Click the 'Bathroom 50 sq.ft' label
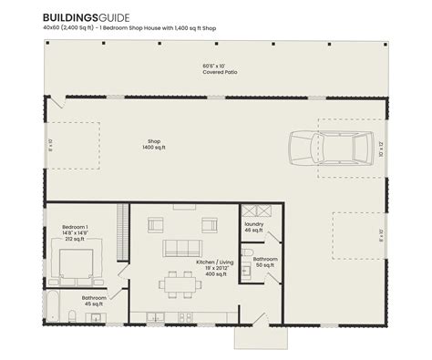point(265,262)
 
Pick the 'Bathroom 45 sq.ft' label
point(94,301)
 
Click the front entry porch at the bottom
point(251,338)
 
